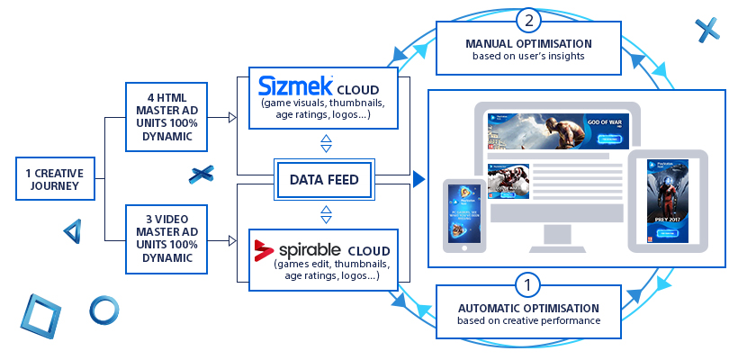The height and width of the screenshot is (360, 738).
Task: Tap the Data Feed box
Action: pyautogui.click(x=324, y=180)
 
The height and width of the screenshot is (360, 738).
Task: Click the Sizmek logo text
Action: pyautogui.click(x=294, y=86)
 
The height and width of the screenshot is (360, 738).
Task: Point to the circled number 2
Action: pyautogui.click(x=528, y=20)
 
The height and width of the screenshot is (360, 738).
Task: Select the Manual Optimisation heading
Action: pyautogui.click(x=528, y=43)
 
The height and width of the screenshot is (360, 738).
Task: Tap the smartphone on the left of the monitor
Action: pyautogui.click(x=464, y=214)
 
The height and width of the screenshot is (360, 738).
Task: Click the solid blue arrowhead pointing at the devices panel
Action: pyautogui.click(x=418, y=180)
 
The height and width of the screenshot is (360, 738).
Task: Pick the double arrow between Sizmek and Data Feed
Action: pyautogui.click(x=326, y=144)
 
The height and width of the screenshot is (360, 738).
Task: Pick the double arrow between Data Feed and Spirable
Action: pyautogui.click(x=326, y=214)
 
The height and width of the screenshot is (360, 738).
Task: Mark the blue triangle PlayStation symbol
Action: pyautogui.click(x=73, y=231)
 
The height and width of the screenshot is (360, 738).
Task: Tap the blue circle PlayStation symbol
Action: pyautogui.click(x=103, y=310)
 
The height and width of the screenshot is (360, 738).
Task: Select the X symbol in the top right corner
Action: pyautogui.click(x=706, y=30)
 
